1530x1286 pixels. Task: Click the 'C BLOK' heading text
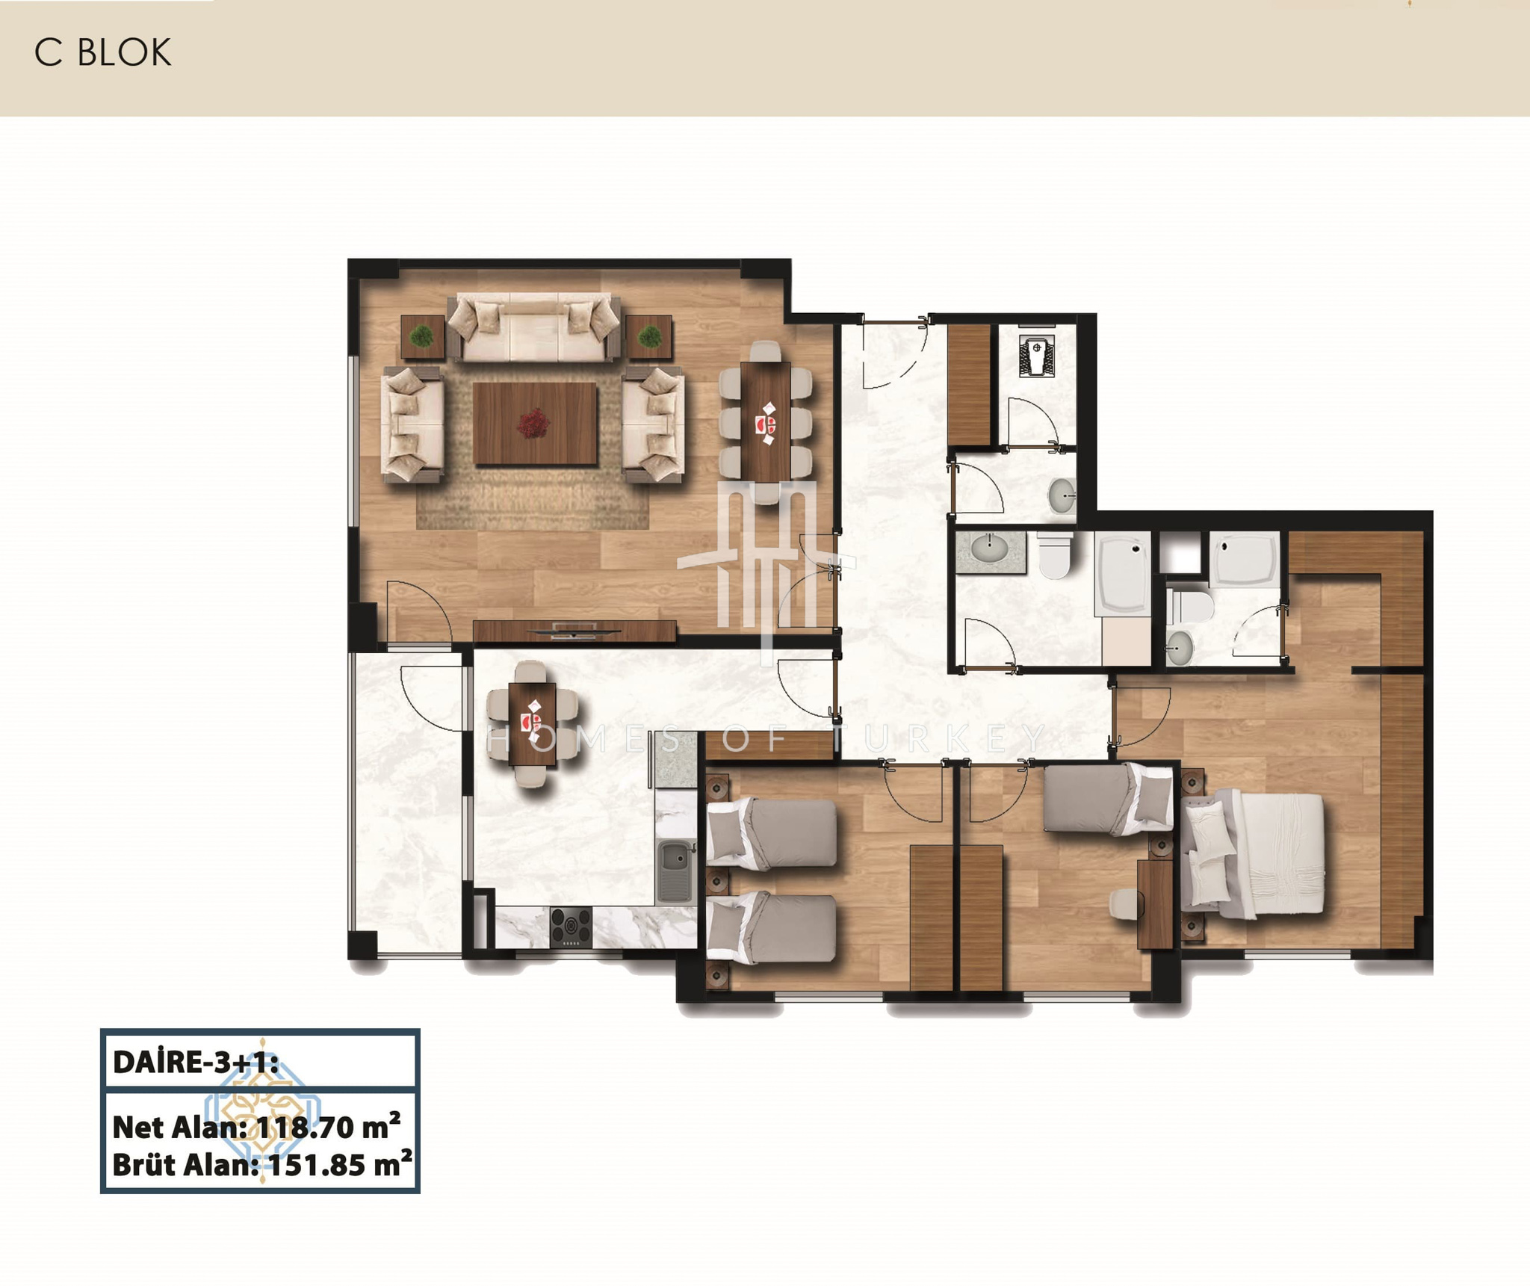point(103,52)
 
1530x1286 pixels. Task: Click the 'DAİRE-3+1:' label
point(195,1062)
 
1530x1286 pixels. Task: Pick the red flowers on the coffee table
point(533,424)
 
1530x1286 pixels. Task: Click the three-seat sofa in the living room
point(533,327)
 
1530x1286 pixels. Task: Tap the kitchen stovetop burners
point(572,927)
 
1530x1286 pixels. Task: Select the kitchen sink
point(675,871)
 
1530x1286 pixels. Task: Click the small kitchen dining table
point(532,724)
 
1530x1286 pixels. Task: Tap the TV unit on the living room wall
point(574,631)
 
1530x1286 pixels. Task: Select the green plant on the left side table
point(423,336)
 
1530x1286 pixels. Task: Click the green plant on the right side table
point(649,336)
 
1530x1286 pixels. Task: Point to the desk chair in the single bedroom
point(1124,904)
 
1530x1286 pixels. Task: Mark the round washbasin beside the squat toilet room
point(1062,495)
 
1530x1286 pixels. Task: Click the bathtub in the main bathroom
point(1123,574)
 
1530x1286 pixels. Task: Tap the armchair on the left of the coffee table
point(413,424)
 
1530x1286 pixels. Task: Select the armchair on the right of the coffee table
point(653,424)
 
